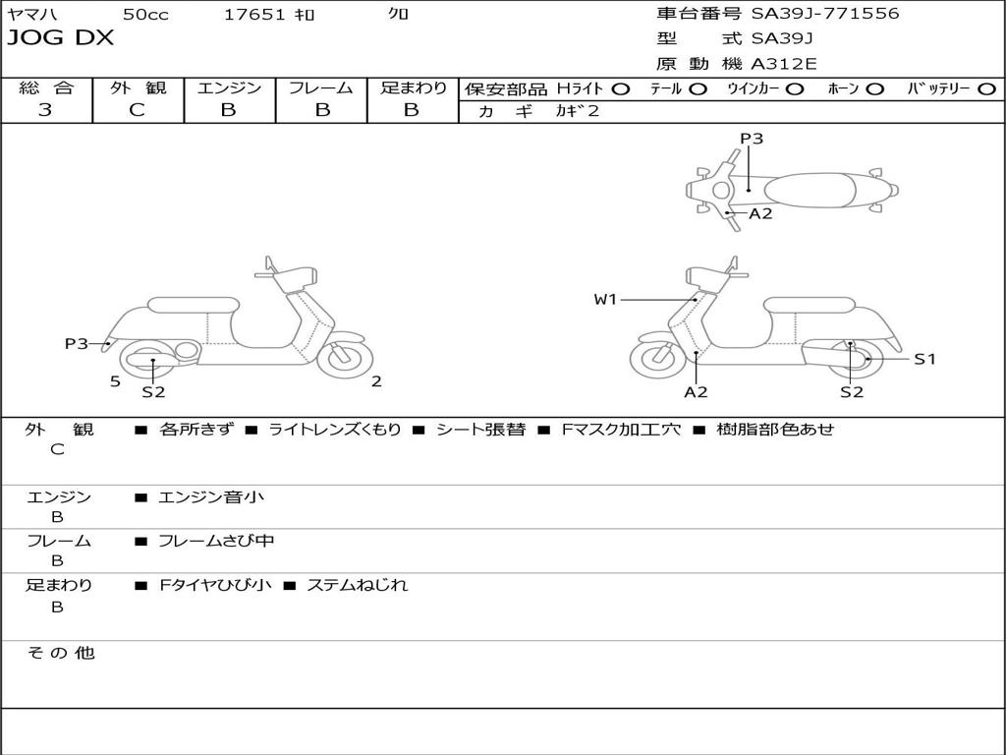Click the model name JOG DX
[60, 38]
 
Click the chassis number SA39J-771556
[825, 14]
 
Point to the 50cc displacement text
[145, 14]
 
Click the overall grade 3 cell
[45, 110]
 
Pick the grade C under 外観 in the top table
[138, 110]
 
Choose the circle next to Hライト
[621, 89]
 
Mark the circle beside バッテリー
[986, 89]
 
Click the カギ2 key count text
[578, 111]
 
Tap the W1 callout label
[605, 299]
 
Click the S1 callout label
[924, 359]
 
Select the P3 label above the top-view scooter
[752, 139]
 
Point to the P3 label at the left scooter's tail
[77, 343]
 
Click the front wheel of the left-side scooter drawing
[345, 358]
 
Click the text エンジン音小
[211, 496]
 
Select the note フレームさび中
[216, 541]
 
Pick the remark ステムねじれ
[358, 585]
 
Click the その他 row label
[61, 653]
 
